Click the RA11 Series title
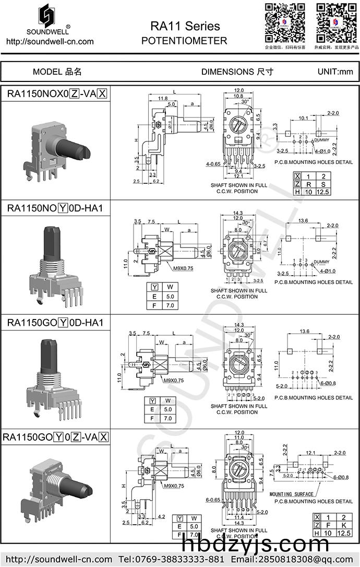tap(185, 26)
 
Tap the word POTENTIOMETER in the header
tap(184, 41)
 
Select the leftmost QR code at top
tap(285, 22)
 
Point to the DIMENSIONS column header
tap(237, 72)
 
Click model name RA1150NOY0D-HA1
tap(55, 208)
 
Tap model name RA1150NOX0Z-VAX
tap(57, 94)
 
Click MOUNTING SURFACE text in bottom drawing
tap(292, 493)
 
